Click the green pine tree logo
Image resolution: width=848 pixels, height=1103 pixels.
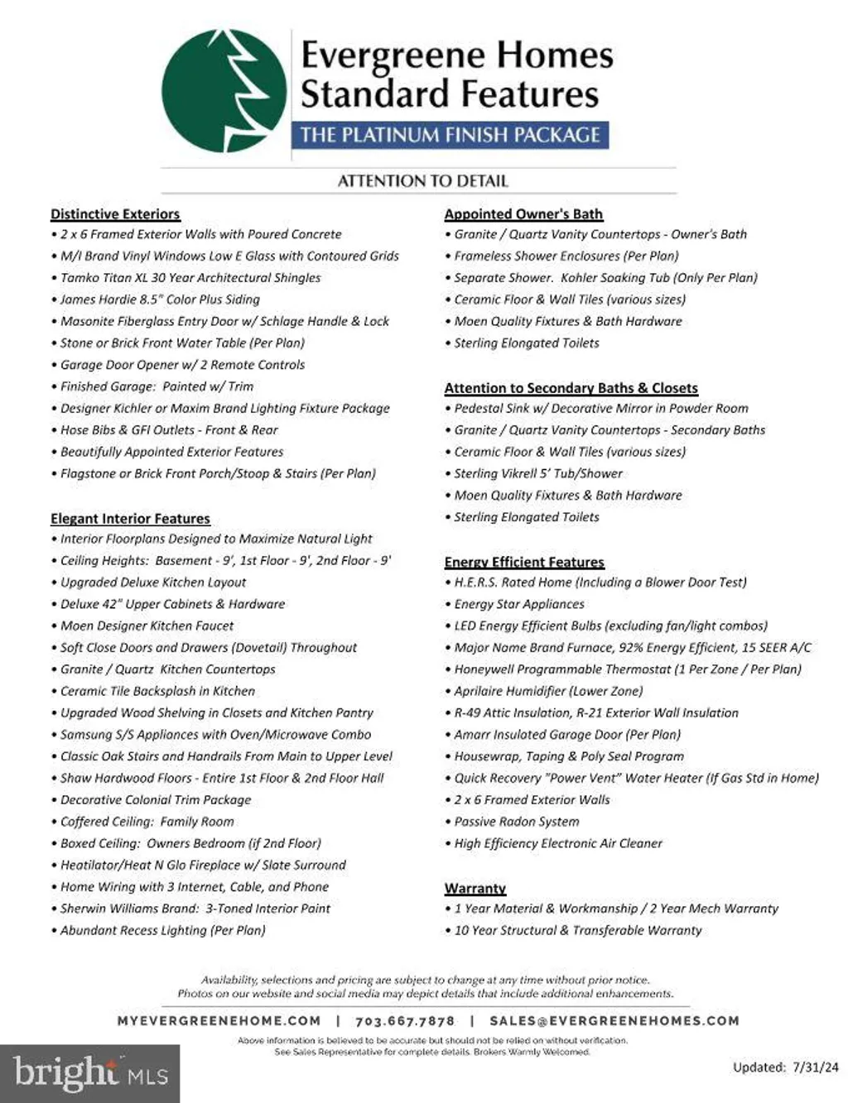point(224,91)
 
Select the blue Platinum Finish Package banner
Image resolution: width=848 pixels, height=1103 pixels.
point(450,135)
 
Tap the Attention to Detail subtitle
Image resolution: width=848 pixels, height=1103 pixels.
point(422,181)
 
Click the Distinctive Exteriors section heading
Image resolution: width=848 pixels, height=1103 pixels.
point(115,214)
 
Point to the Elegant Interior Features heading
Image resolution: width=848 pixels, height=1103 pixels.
point(130,519)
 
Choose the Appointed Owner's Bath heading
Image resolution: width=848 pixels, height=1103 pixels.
point(523,214)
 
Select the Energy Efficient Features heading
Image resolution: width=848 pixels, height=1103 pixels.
point(524,562)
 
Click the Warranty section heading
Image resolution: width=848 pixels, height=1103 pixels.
point(475,888)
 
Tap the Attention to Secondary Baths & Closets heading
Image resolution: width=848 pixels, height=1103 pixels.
point(571,388)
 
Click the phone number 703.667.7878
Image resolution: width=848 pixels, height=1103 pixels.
point(405,1021)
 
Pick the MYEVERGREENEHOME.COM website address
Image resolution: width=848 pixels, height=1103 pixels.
point(219,1021)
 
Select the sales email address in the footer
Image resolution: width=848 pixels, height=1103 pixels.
point(614,1021)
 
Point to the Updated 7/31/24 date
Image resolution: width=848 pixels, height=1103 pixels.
point(785,1067)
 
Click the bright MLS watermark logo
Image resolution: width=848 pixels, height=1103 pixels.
point(90,1073)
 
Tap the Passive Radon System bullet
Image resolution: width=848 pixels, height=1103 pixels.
point(516,822)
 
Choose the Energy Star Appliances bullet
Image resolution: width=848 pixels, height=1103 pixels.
point(518,604)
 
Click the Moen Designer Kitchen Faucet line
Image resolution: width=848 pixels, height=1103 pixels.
point(147,626)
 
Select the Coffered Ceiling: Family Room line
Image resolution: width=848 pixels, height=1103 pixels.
point(147,822)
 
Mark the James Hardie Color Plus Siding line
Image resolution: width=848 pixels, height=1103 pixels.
point(160,300)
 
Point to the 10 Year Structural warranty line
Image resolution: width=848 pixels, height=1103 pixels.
point(577,930)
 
